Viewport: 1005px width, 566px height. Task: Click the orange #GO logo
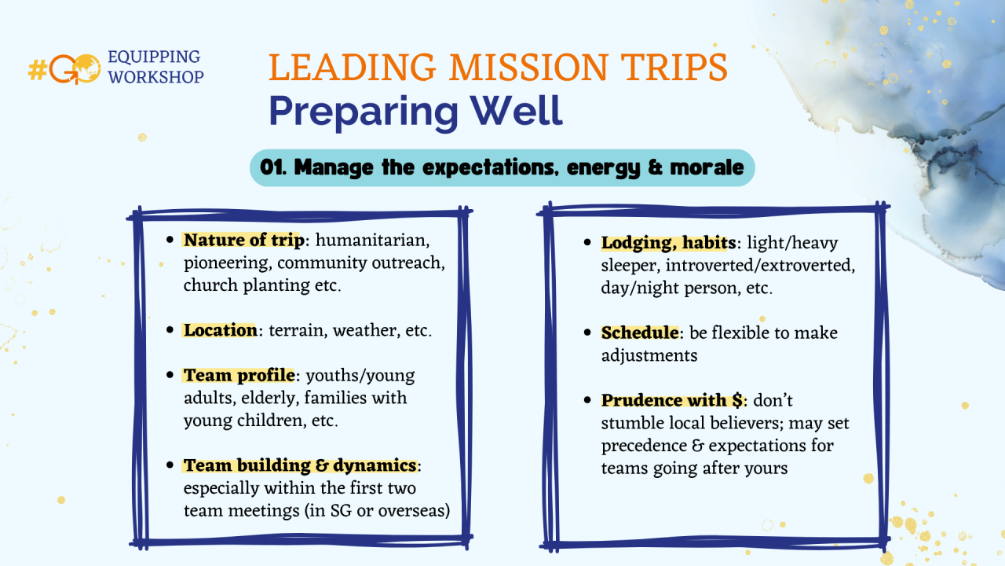64,68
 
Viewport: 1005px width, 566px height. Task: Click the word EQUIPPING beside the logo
154,57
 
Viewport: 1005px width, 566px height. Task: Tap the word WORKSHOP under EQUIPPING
155,77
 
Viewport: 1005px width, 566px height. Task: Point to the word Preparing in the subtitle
364,112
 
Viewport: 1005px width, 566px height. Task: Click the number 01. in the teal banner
273,167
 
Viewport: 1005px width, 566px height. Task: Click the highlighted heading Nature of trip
244,240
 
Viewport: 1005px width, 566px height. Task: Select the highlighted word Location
221,330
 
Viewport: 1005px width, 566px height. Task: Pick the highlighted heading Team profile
239,375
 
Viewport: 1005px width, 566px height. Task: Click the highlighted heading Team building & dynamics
300,465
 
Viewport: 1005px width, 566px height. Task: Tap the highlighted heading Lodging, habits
668,243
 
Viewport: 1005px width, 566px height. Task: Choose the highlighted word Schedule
640,333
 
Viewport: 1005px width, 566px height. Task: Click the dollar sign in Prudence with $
737,400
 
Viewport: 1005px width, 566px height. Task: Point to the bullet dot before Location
170,330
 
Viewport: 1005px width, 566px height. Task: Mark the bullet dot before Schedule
588,333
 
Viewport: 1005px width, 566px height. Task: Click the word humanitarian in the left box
372,241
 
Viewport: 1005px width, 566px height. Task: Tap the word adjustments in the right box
649,356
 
